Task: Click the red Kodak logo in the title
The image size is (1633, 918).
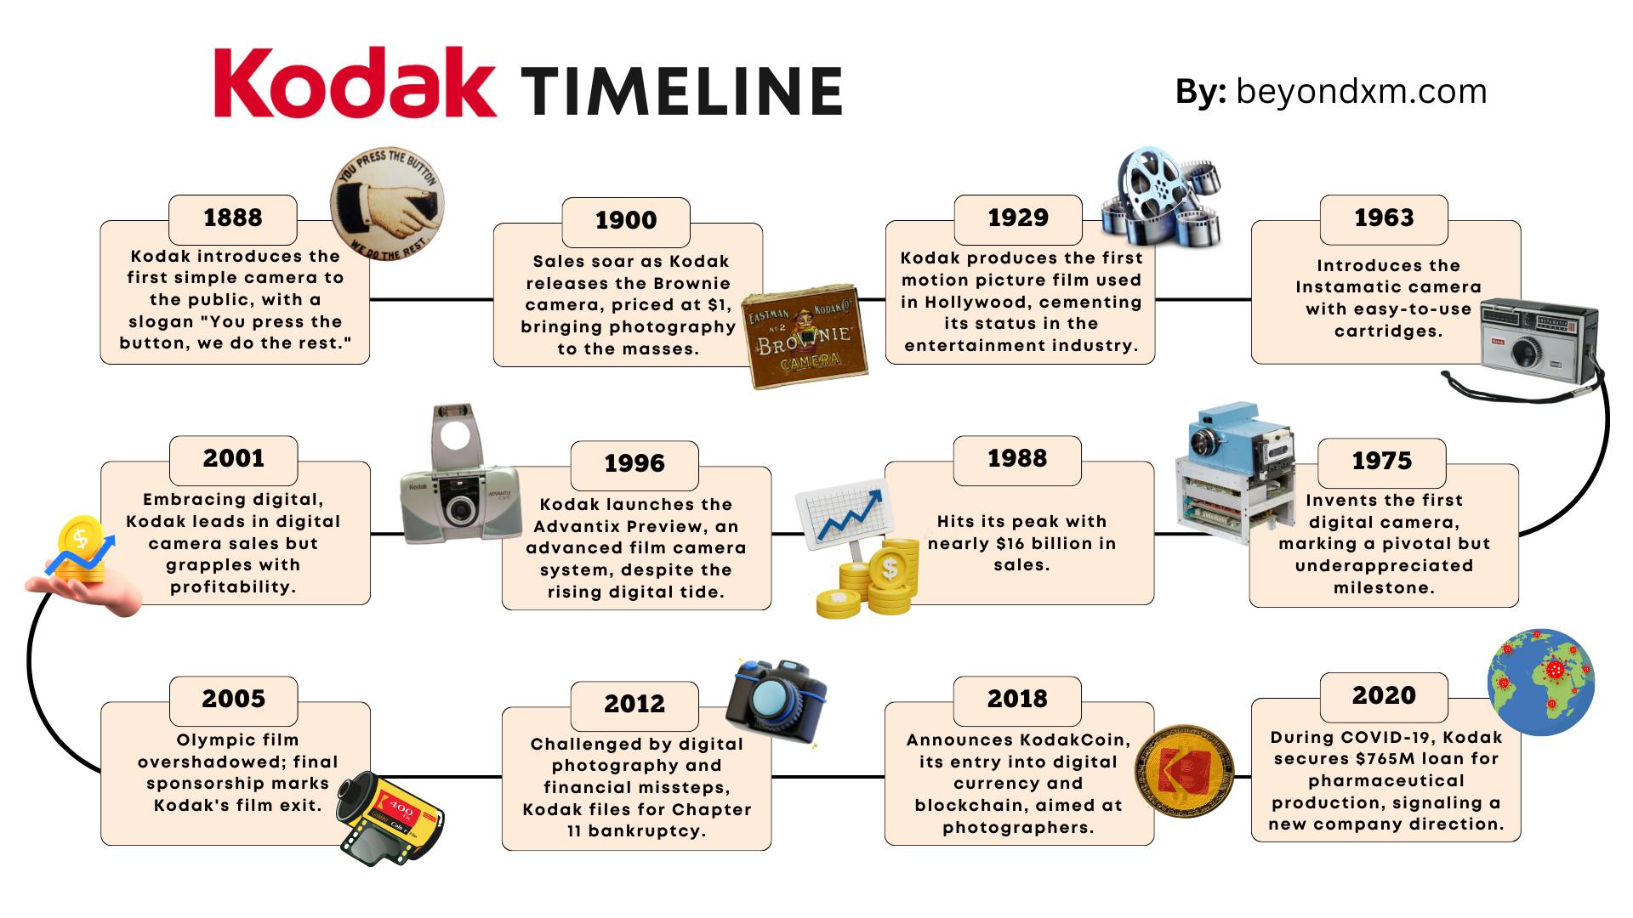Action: (x=355, y=82)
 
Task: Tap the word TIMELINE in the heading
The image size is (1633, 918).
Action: (x=681, y=91)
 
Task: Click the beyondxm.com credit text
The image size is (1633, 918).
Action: (x=1361, y=91)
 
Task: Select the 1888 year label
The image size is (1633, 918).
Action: (x=233, y=218)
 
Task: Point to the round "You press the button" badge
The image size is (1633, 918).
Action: (x=388, y=206)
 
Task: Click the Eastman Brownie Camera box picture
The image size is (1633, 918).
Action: (x=805, y=337)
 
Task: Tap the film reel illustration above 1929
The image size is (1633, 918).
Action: (x=1162, y=196)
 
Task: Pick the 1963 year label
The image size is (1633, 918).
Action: (x=1384, y=218)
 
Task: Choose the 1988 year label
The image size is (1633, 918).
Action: (x=1017, y=458)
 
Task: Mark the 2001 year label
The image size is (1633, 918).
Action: (x=234, y=458)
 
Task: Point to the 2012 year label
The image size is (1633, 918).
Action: (x=634, y=704)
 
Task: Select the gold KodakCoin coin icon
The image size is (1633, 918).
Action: (x=1185, y=772)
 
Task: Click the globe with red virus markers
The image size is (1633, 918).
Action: (x=1540, y=682)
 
